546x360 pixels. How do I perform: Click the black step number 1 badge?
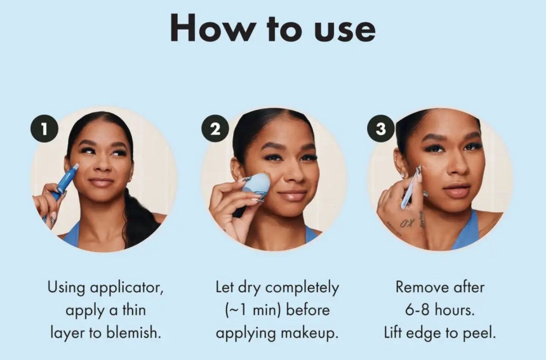(44, 128)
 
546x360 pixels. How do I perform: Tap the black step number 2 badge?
(215, 128)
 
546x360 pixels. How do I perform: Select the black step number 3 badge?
(381, 128)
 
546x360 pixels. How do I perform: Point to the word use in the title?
(345, 31)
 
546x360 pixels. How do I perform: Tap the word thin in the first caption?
(134, 310)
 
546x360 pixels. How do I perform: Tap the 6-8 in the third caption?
(418, 310)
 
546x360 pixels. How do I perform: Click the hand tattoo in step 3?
(407, 223)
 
